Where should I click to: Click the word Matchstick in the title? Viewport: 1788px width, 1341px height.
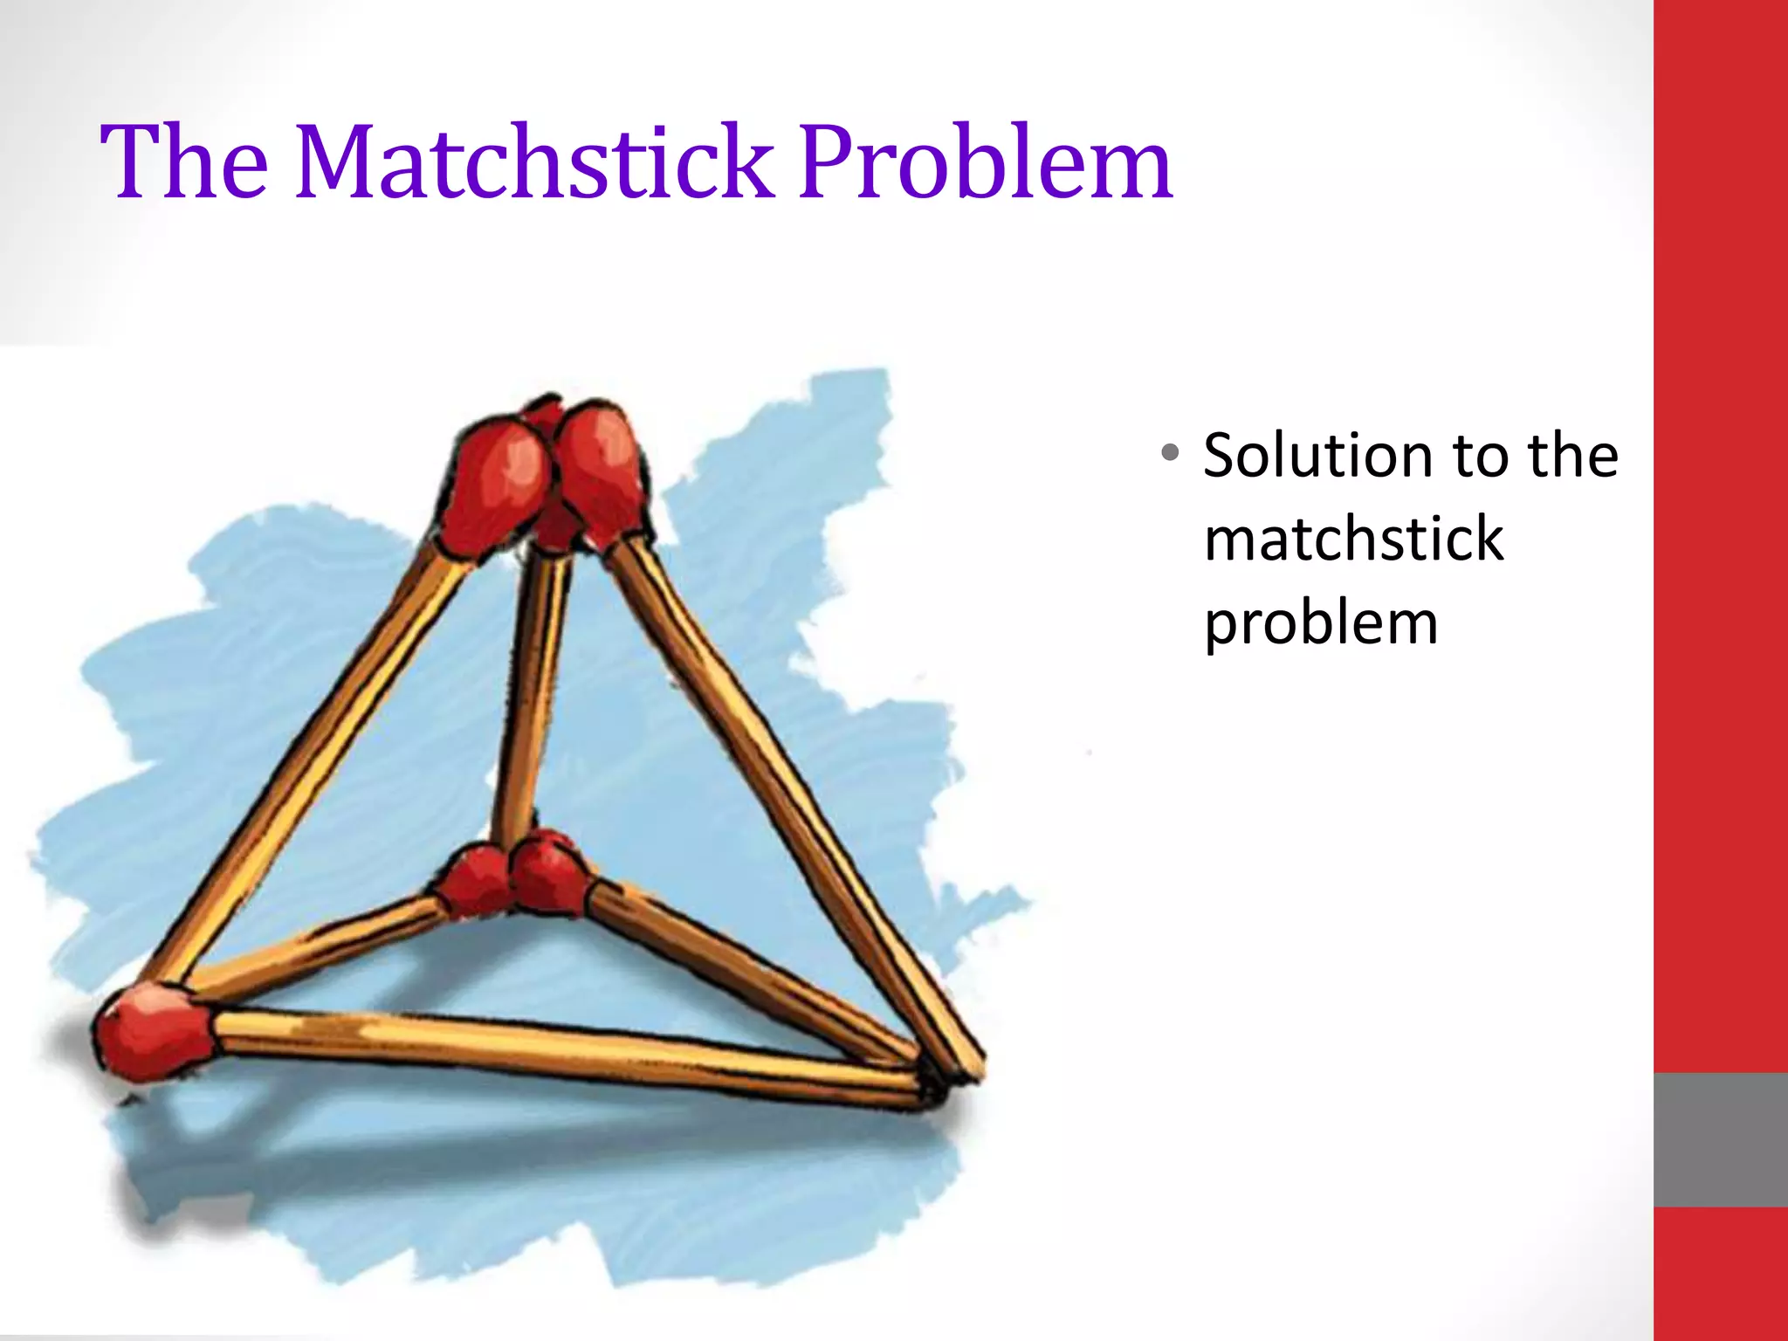pyautogui.click(x=534, y=162)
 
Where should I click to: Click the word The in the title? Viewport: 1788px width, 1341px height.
pyautogui.click(x=184, y=162)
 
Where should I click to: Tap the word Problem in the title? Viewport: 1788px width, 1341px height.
pyautogui.click(x=985, y=162)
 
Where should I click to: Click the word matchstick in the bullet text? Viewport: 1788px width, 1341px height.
pyautogui.click(x=1353, y=539)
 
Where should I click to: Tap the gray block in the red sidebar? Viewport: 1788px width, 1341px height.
pyautogui.click(x=1720, y=1139)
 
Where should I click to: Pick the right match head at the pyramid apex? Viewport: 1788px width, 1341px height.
pyautogui.click(x=602, y=471)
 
